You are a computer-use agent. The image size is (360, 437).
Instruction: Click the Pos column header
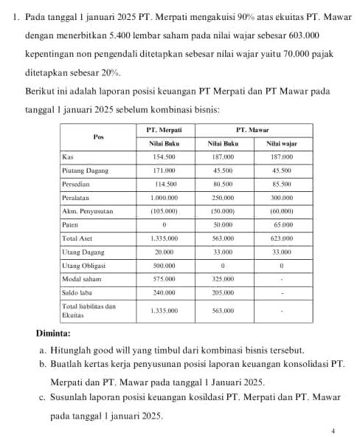[99, 136]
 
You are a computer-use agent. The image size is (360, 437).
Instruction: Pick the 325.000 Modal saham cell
[223, 279]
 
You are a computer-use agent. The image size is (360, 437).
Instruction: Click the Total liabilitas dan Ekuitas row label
[84, 310]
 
